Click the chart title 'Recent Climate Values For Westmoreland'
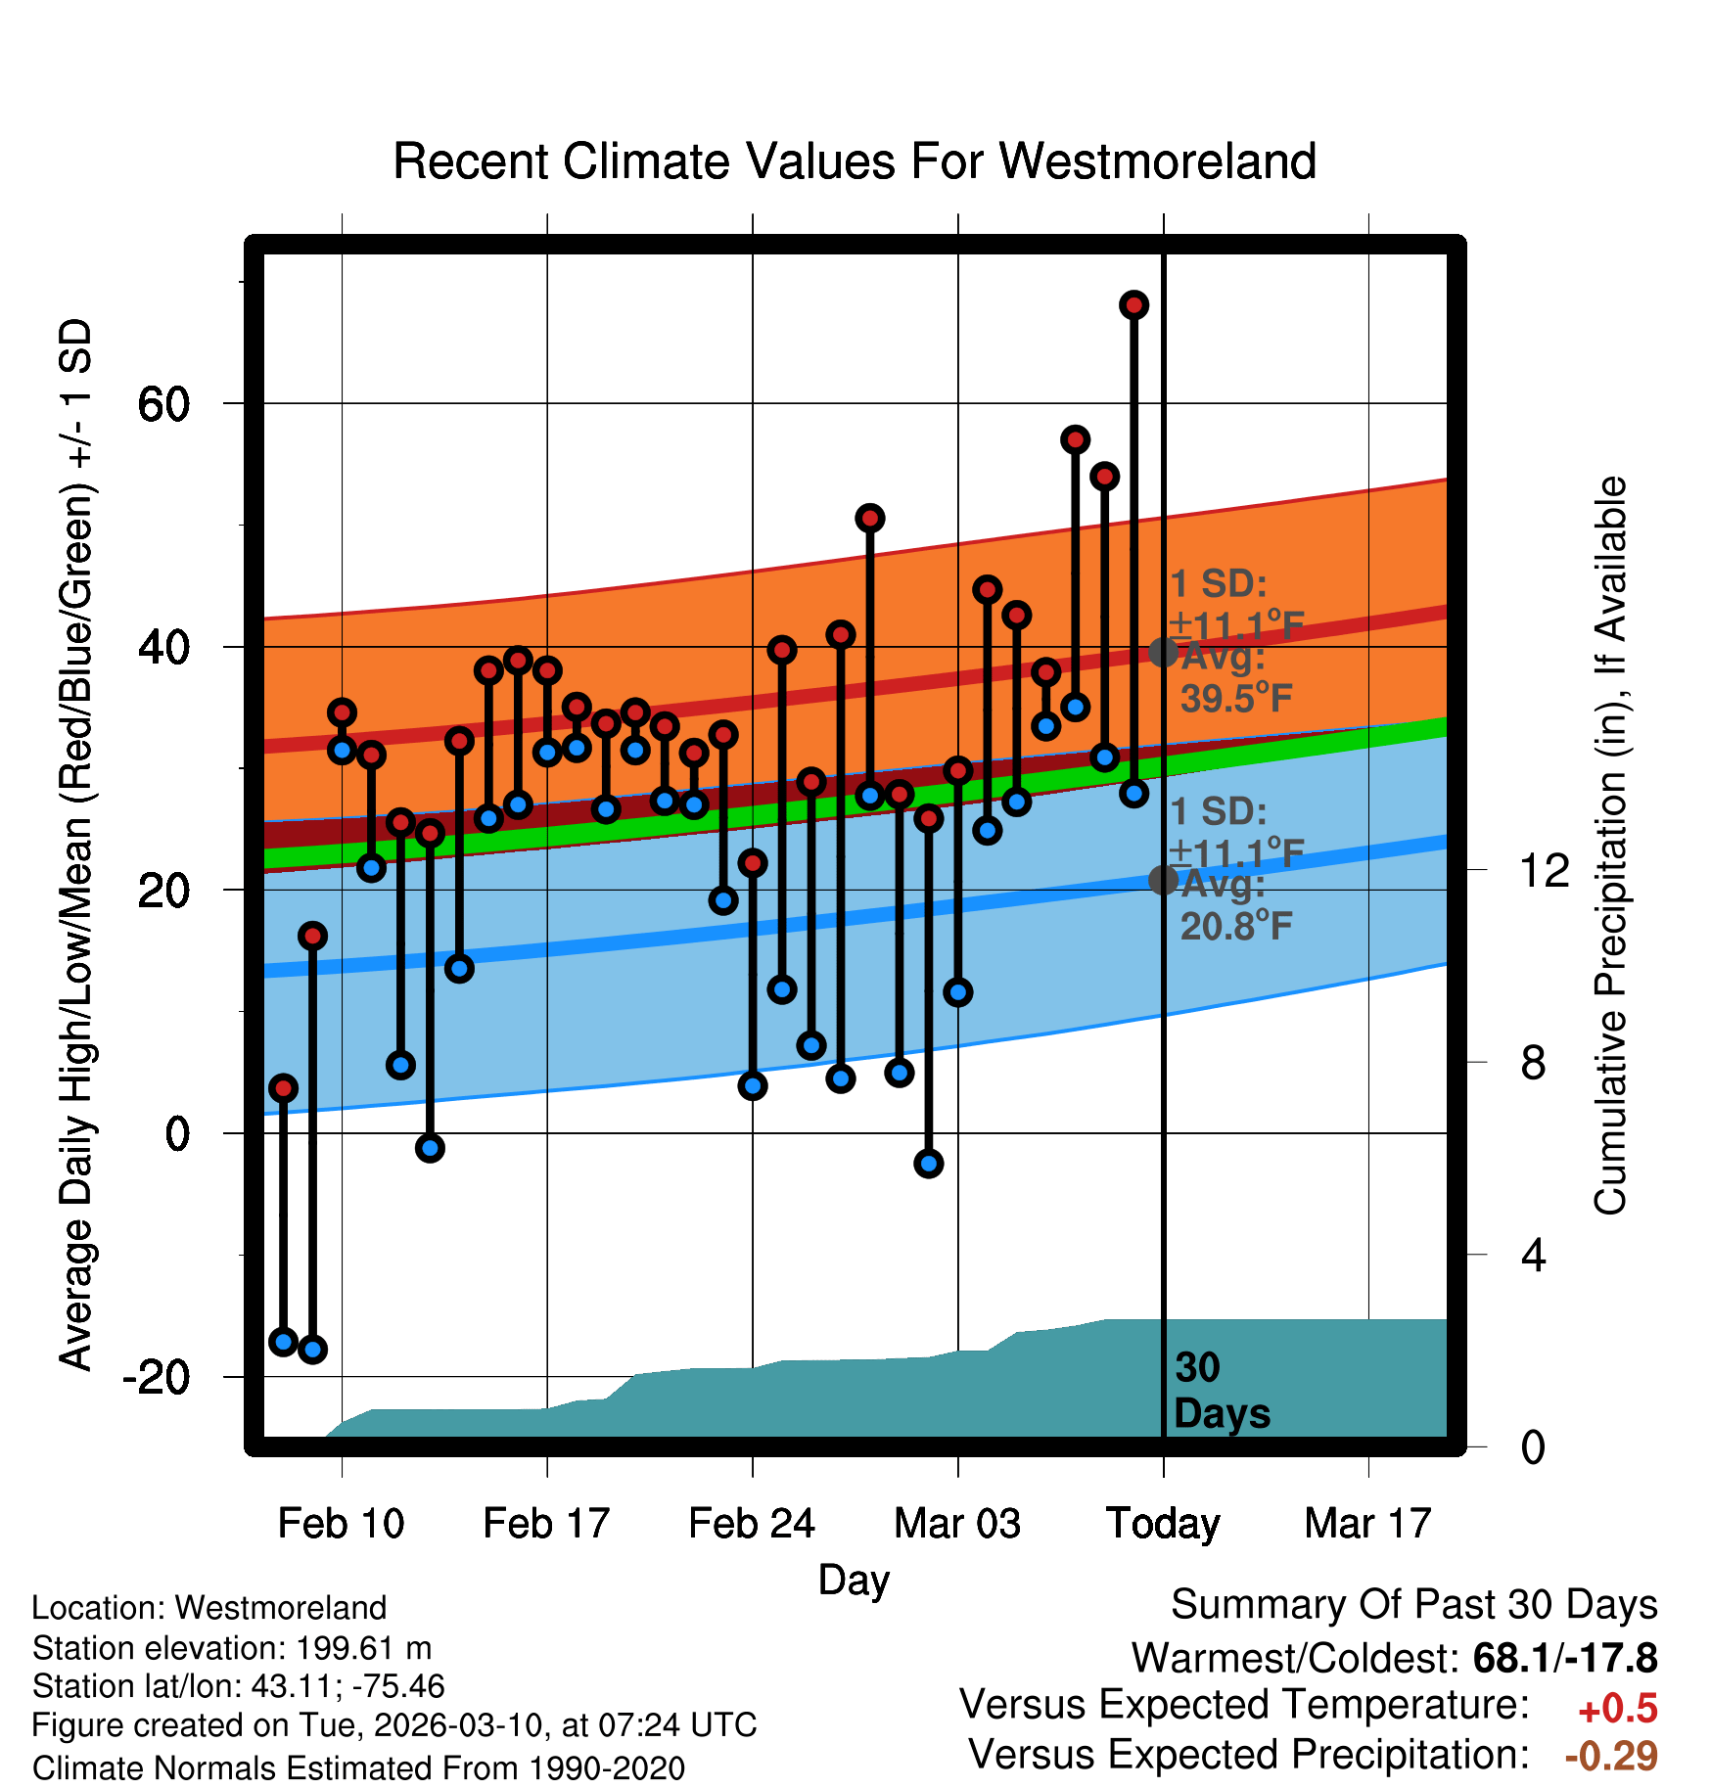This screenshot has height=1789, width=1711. (x=854, y=161)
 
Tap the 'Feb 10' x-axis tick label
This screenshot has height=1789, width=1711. (x=341, y=1524)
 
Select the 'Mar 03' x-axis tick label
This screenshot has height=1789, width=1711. (x=957, y=1524)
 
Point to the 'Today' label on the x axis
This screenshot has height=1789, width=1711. (x=1163, y=1524)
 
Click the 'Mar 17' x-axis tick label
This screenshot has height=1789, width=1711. (x=1367, y=1524)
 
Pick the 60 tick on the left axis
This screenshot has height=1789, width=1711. (x=163, y=404)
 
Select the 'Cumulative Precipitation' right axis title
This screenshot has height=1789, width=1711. (x=1610, y=847)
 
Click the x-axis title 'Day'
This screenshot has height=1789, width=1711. (x=854, y=1580)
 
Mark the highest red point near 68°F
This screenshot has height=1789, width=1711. (x=1133, y=305)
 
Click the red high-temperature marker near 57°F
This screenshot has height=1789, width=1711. (x=1075, y=440)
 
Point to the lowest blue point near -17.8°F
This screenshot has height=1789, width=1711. (x=312, y=1350)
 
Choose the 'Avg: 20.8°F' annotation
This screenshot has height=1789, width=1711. (x=1235, y=905)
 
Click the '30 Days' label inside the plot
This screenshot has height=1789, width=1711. (x=1221, y=1391)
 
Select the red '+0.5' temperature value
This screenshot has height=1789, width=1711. (x=1617, y=1709)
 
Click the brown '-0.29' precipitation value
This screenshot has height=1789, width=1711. (x=1611, y=1756)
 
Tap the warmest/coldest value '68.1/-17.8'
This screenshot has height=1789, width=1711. (x=1564, y=1658)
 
